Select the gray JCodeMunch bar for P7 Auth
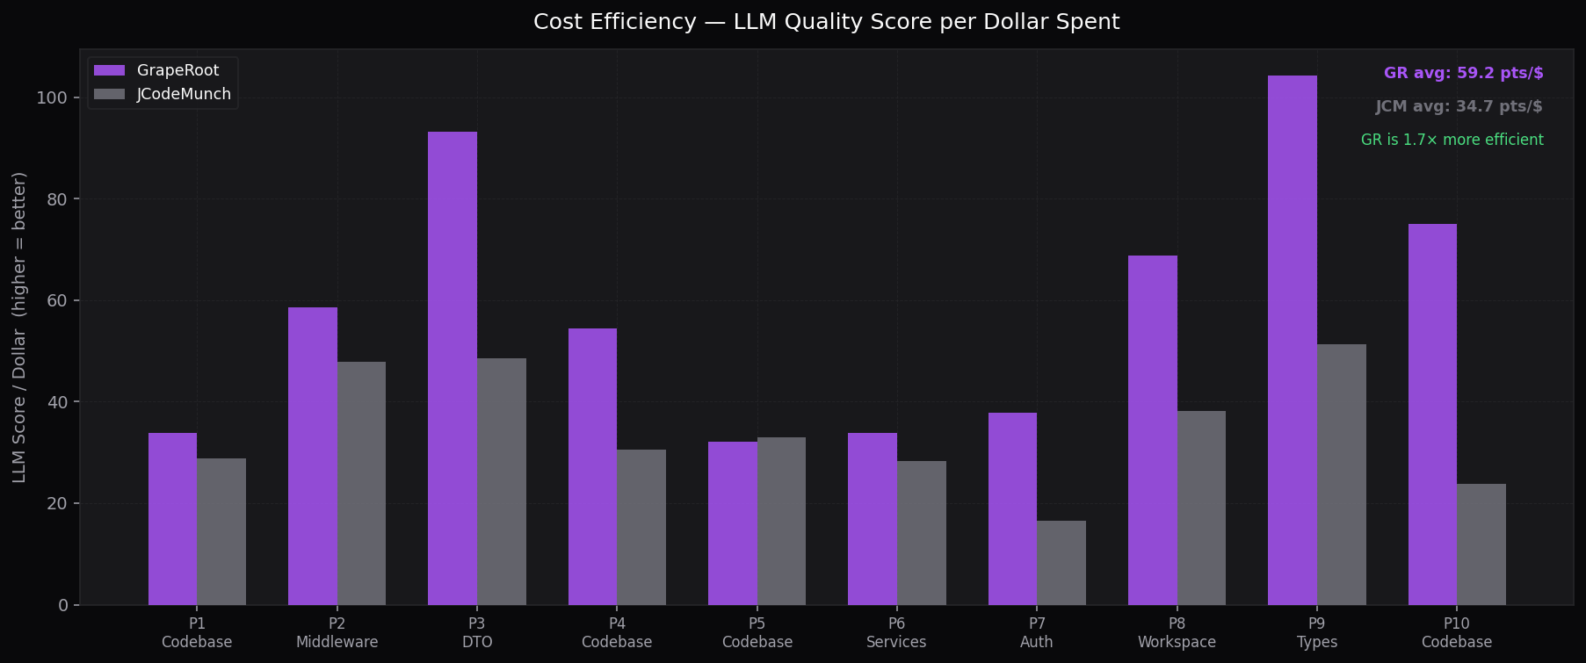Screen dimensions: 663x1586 pyautogui.click(x=1061, y=563)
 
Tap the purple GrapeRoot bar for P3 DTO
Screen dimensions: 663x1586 pyautogui.click(x=453, y=369)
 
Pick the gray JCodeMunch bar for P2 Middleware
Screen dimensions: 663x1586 pyautogui.click(x=361, y=483)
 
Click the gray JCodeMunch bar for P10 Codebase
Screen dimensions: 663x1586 pyautogui.click(x=1481, y=544)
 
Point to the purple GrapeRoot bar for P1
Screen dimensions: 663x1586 pyautogui.click(x=172, y=519)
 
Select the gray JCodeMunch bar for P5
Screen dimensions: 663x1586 pyautogui.click(x=781, y=521)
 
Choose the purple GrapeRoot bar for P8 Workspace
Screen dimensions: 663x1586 pyautogui.click(x=1152, y=430)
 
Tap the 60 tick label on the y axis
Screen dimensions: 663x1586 pyautogui.click(x=56, y=301)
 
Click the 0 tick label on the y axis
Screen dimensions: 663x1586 pyautogui.click(x=62, y=605)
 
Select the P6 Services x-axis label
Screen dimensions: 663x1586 pyautogui.click(x=896, y=632)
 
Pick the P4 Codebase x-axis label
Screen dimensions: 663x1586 pyautogui.click(x=617, y=632)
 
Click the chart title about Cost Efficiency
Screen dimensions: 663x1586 pyautogui.click(x=826, y=22)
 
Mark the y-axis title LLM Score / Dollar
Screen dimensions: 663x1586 pyautogui.click(x=19, y=327)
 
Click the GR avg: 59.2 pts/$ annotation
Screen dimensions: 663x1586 pyautogui.click(x=1463, y=73)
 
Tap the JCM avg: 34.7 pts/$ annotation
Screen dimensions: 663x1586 pyautogui.click(x=1459, y=106)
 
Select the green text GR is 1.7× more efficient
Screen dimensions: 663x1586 pyautogui.click(x=1452, y=140)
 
